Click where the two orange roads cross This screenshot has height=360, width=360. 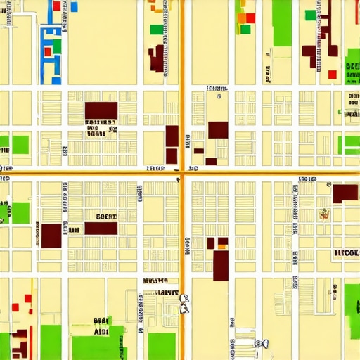(x=181, y=172)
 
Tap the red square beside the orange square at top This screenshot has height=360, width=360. (x=250, y=18)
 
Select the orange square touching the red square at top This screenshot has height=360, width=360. (x=241, y=19)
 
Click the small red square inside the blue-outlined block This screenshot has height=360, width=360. (x=48, y=51)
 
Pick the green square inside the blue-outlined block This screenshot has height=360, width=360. (x=56, y=46)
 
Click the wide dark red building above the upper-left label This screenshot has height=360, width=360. (x=101, y=110)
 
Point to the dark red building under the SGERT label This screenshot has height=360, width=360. (x=101, y=228)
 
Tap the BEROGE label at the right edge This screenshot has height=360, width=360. (x=346, y=252)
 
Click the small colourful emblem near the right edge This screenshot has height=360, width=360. (x=324, y=214)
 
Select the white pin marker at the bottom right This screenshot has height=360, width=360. (x=266, y=344)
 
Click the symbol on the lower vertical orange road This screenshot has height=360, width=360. (x=184, y=303)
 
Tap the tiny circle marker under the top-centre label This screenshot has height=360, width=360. (x=219, y=96)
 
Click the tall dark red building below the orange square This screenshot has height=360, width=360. (x=221, y=265)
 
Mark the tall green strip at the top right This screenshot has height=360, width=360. (x=282, y=22)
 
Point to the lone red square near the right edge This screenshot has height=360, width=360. (x=333, y=74)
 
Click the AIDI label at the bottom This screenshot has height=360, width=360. (x=101, y=330)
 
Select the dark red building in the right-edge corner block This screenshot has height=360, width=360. (x=345, y=193)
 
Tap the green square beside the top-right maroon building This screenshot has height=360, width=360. (x=310, y=15)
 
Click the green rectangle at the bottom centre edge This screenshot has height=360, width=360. (x=162, y=346)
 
